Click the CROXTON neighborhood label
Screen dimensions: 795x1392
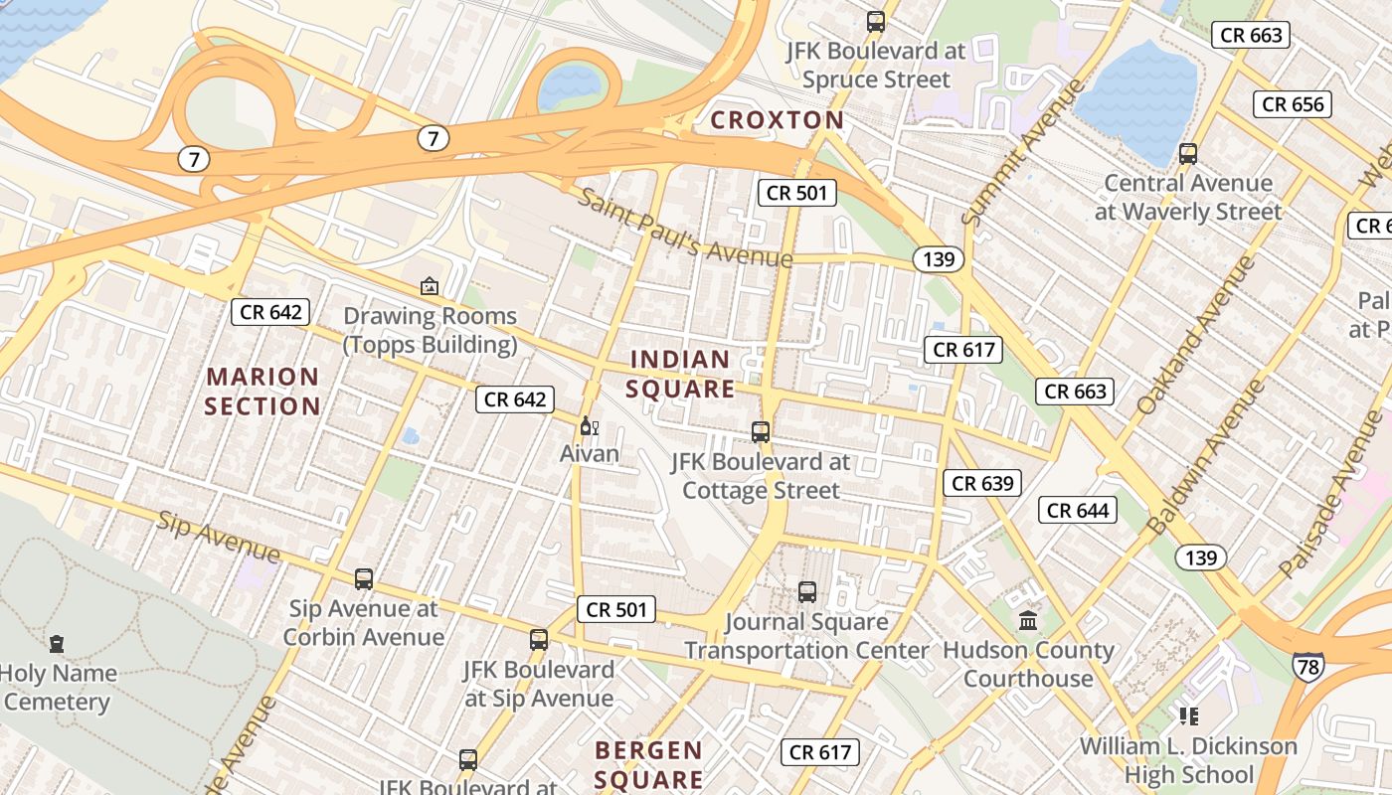coord(777,120)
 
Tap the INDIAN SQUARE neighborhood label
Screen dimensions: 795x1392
coord(680,374)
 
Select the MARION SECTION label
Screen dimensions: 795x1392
coord(262,392)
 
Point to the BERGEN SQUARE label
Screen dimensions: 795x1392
coord(648,764)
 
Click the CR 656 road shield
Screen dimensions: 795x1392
coord(1292,104)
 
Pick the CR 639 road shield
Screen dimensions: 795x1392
coord(982,483)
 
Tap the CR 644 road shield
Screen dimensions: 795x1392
coord(1078,511)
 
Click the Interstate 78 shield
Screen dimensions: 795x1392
coord(1307,666)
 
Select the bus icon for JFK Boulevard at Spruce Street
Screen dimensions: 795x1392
coord(876,22)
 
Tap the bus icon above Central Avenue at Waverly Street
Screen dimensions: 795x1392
coord(1188,154)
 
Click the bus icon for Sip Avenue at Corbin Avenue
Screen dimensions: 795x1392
coord(364,579)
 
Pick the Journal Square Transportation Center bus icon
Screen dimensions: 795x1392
coord(807,592)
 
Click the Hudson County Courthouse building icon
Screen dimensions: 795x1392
coord(1028,620)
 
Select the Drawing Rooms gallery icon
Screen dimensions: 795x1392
coord(430,286)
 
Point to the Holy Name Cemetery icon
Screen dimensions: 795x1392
coord(57,644)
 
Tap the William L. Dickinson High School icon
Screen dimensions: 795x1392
coord(1188,715)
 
